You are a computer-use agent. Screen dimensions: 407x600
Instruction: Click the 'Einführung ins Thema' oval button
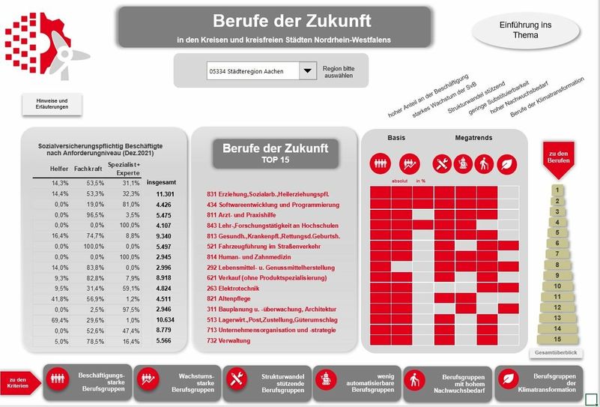tap(525, 31)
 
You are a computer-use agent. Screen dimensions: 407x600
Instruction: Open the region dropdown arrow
tap(307, 71)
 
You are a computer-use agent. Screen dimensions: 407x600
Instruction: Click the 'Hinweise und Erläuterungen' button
tap(52, 104)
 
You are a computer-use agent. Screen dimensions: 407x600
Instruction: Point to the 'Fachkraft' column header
tap(88, 169)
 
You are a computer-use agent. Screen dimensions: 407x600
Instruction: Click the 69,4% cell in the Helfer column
tap(60, 319)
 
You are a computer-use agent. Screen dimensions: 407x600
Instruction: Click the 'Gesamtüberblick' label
tap(557, 352)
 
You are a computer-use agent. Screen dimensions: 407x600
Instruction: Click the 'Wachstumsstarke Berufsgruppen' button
tap(178, 382)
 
